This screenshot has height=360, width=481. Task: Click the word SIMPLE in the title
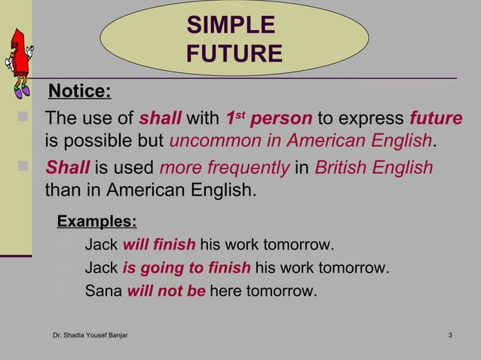point(231,26)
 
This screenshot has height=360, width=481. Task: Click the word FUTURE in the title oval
point(234,53)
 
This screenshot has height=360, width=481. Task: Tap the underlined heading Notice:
point(79,92)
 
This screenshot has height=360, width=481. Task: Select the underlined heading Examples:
point(97,221)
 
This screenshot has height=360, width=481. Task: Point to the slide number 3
point(449,334)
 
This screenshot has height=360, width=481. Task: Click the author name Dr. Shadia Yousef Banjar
point(90,334)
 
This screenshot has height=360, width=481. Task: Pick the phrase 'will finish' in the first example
point(158,246)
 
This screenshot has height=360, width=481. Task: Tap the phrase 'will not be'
point(166,291)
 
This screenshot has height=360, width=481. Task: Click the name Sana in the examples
point(103,291)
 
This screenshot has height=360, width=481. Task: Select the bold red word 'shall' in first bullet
point(161,119)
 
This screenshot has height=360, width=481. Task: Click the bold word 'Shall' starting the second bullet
point(68,166)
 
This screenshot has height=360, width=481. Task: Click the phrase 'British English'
point(373,166)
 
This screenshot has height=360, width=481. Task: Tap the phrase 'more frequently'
point(224,166)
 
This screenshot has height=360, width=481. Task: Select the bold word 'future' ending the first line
point(436,119)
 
